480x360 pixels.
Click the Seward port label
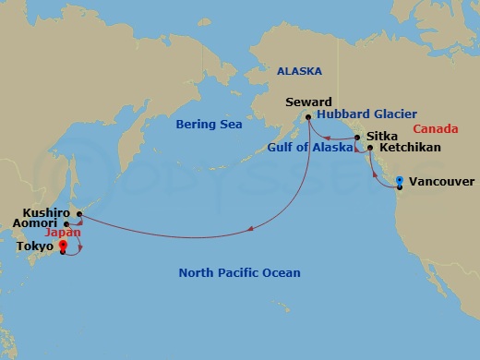tap(307, 102)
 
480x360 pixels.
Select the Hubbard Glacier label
tap(366, 114)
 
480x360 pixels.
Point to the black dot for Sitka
tap(357, 137)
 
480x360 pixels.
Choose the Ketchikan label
tap(409, 148)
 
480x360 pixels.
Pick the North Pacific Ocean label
tap(239, 272)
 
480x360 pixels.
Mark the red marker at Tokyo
tap(63, 246)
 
